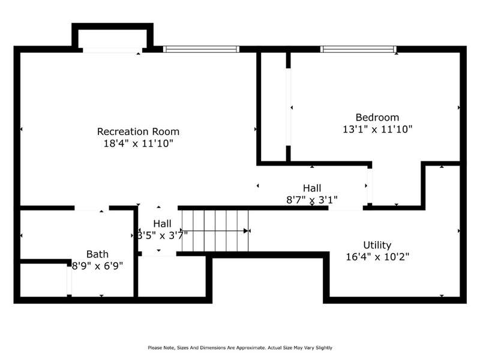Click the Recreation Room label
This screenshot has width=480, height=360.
click(138, 131)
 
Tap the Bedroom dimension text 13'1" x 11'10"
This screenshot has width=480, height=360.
click(377, 129)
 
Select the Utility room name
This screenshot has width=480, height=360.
click(377, 245)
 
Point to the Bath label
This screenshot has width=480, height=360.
click(97, 254)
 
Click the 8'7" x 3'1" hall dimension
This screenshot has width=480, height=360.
click(312, 200)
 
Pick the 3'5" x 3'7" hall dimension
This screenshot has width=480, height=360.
click(162, 235)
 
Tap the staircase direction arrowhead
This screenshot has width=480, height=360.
click(245, 231)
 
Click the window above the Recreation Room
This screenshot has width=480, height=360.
click(201, 49)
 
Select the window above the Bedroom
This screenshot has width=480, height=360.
click(358, 49)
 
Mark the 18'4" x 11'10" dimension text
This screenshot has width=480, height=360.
click(139, 143)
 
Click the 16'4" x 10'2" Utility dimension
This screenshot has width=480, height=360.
click(377, 257)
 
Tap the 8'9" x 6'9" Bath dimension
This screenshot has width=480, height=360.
click(97, 266)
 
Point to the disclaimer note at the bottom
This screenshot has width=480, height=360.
click(240, 348)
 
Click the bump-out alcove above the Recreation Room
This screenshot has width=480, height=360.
click(112, 38)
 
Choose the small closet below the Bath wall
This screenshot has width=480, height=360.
click(43, 280)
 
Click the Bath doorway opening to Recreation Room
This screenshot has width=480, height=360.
click(92, 208)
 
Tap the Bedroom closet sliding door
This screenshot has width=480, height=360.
click(288, 107)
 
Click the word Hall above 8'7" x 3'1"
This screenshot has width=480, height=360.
click(312, 188)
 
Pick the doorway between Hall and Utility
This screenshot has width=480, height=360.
click(346, 208)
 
